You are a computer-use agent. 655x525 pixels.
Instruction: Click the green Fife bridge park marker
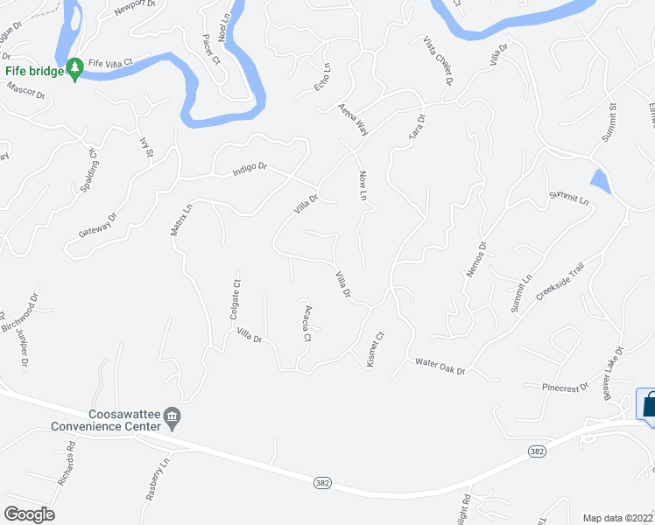75,70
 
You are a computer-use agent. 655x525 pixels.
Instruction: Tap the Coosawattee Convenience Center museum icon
173,420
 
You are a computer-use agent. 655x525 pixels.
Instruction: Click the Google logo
29,514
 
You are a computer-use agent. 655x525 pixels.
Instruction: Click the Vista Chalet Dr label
438,61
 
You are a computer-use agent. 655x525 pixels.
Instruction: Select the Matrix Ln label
180,222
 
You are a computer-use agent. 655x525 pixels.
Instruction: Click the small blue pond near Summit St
601,182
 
